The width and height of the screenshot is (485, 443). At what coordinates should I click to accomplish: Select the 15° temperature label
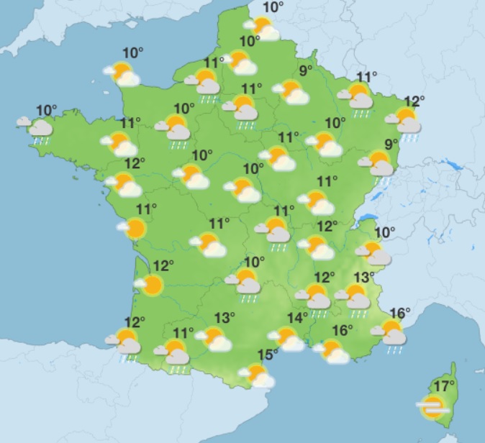pyautogui.click(x=268, y=355)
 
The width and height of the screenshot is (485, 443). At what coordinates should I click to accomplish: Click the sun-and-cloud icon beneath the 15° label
pyautogui.click(x=258, y=375)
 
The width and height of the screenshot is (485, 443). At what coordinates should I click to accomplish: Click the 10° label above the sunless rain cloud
pyautogui.click(x=47, y=110)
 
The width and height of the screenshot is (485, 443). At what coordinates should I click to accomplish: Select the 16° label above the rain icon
pyautogui.click(x=399, y=313)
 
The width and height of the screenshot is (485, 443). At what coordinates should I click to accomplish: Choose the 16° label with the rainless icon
pyautogui.click(x=343, y=330)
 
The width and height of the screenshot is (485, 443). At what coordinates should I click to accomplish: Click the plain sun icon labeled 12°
pyautogui.click(x=151, y=286)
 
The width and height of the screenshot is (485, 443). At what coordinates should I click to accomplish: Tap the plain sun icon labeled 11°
pyautogui.click(x=134, y=229)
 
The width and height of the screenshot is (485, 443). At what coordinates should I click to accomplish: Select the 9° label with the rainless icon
pyautogui.click(x=306, y=70)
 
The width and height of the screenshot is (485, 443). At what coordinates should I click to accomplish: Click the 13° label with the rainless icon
pyautogui.click(x=225, y=317)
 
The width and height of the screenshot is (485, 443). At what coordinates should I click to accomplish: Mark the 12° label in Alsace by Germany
pyautogui.click(x=414, y=101)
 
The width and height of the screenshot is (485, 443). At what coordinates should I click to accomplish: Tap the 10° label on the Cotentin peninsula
pyautogui.click(x=132, y=52)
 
